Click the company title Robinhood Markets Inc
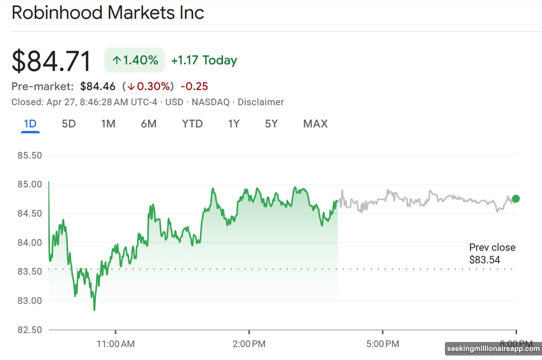pos(107,13)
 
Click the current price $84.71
pos(51,62)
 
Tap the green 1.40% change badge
pos(134,60)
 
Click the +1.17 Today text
pos(204,60)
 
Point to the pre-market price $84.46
pos(98,86)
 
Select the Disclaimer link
pos(261,102)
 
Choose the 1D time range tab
pos(30,124)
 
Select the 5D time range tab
pos(69,124)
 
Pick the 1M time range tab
pos(108,124)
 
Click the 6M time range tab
pos(148,124)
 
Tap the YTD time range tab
pos(192,124)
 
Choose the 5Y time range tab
pos(271,124)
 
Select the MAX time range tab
pos(315,124)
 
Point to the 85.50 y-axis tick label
pos(29,155)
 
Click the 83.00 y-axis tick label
pos(29,301)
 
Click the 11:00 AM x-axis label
pos(116,344)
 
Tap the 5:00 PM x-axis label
pos(383,344)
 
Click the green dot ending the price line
pos(516,199)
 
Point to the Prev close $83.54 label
pos(492,253)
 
